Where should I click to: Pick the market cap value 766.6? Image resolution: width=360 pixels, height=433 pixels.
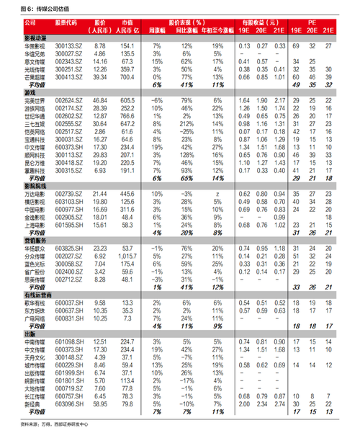click(127, 114)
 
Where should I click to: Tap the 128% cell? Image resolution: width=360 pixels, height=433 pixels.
click(189, 154)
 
